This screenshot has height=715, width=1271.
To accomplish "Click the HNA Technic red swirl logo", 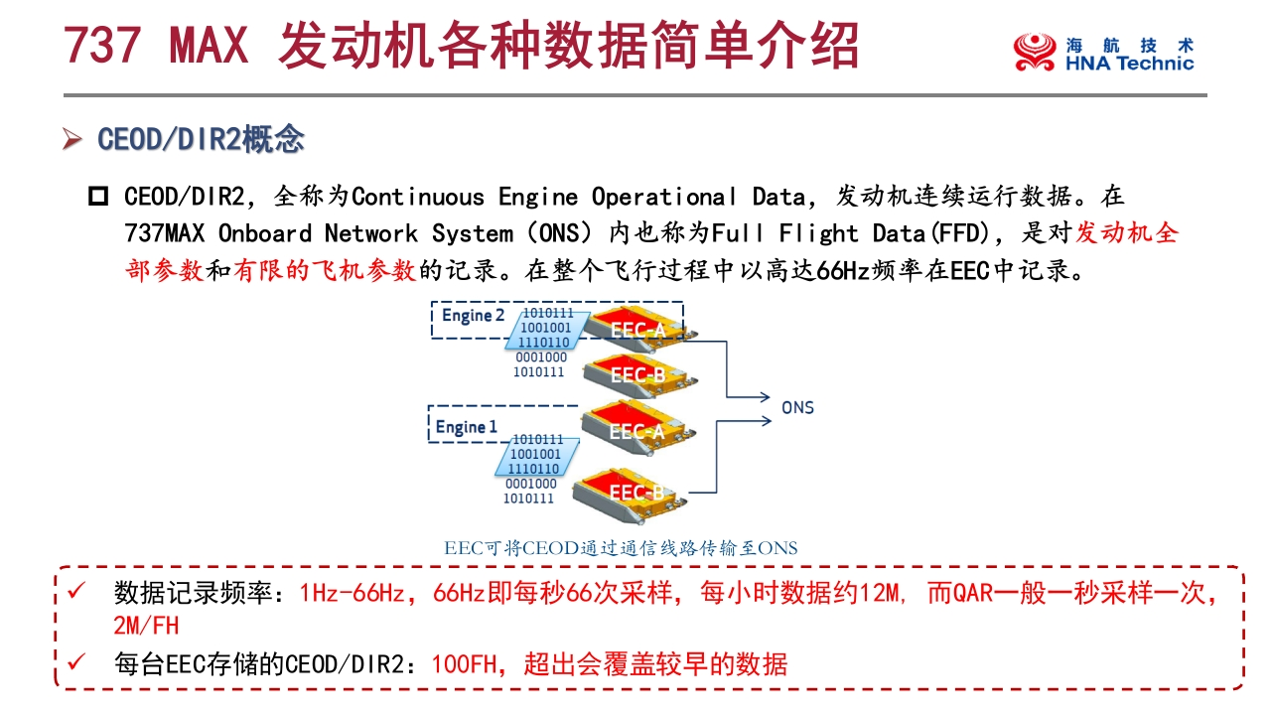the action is pyautogui.click(x=1035, y=52).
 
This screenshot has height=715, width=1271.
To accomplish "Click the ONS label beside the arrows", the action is pyautogui.click(x=797, y=407).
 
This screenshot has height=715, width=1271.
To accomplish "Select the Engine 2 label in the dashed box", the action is pyautogui.click(x=473, y=316).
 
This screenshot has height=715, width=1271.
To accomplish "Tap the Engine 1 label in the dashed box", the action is pyautogui.click(x=466, y=427).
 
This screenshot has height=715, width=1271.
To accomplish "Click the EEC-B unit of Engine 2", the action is pyautogui.click(x=638, y=373).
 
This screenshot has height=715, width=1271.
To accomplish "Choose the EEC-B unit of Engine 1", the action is pyautogui.click(x=629, y=494).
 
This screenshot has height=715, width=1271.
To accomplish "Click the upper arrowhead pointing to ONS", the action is pyautogui.click(x=765, y=397).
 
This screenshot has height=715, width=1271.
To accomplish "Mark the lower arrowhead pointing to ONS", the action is pyautogui.click(x=766, y=421).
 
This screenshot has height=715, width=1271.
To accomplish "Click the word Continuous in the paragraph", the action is pyautogui.click(x=418, y=197).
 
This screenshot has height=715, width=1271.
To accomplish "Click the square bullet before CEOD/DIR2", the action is pyautogui.click(x=98, y=197).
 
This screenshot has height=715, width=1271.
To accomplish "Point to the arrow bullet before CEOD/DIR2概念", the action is pyautogui.click(x=72, y=139).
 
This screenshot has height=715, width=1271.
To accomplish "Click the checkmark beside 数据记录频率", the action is pyautogui.click(x=76, y=591).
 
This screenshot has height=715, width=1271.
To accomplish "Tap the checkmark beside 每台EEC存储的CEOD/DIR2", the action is pyautogui.click(x=76, y=661).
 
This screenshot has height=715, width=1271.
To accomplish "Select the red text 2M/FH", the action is pyautogui.click(x=146, y=626).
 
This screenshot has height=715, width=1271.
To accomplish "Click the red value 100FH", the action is pyautogui.click(x=464, y=664).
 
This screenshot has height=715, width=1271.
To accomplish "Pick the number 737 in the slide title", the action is pyautogui.click(x=102, y=45).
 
